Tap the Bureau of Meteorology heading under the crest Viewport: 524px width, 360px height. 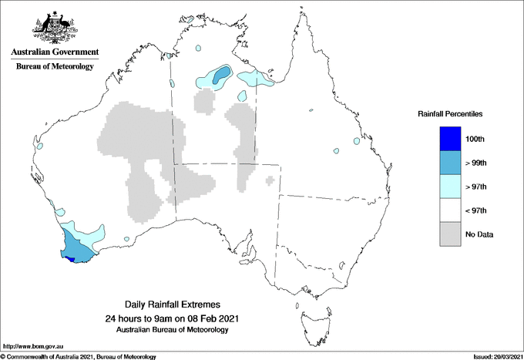55,66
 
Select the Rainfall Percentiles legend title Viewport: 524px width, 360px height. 450,113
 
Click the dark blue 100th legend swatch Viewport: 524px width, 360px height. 450,139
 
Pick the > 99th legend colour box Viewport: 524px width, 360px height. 450,163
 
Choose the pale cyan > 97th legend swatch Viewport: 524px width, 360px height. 450,187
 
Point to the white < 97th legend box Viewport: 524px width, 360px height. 450,210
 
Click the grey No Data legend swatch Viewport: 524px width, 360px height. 450,234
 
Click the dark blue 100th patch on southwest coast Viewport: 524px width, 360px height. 71,260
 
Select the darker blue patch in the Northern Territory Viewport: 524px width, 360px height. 221,74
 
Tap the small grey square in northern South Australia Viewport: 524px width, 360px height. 269,180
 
